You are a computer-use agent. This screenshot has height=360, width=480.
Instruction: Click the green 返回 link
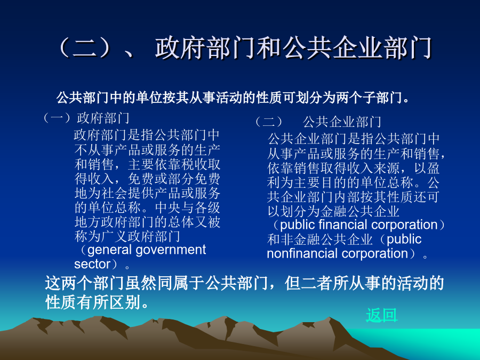click(x=381, y=315)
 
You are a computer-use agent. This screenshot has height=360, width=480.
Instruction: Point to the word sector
click(x=92, y=264)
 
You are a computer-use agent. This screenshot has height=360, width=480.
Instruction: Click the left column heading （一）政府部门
click(x=86, y=118)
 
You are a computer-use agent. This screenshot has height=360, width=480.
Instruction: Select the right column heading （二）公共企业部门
click(x=318, y=122)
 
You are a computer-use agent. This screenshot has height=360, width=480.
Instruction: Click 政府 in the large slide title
click(x=181, y=47)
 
